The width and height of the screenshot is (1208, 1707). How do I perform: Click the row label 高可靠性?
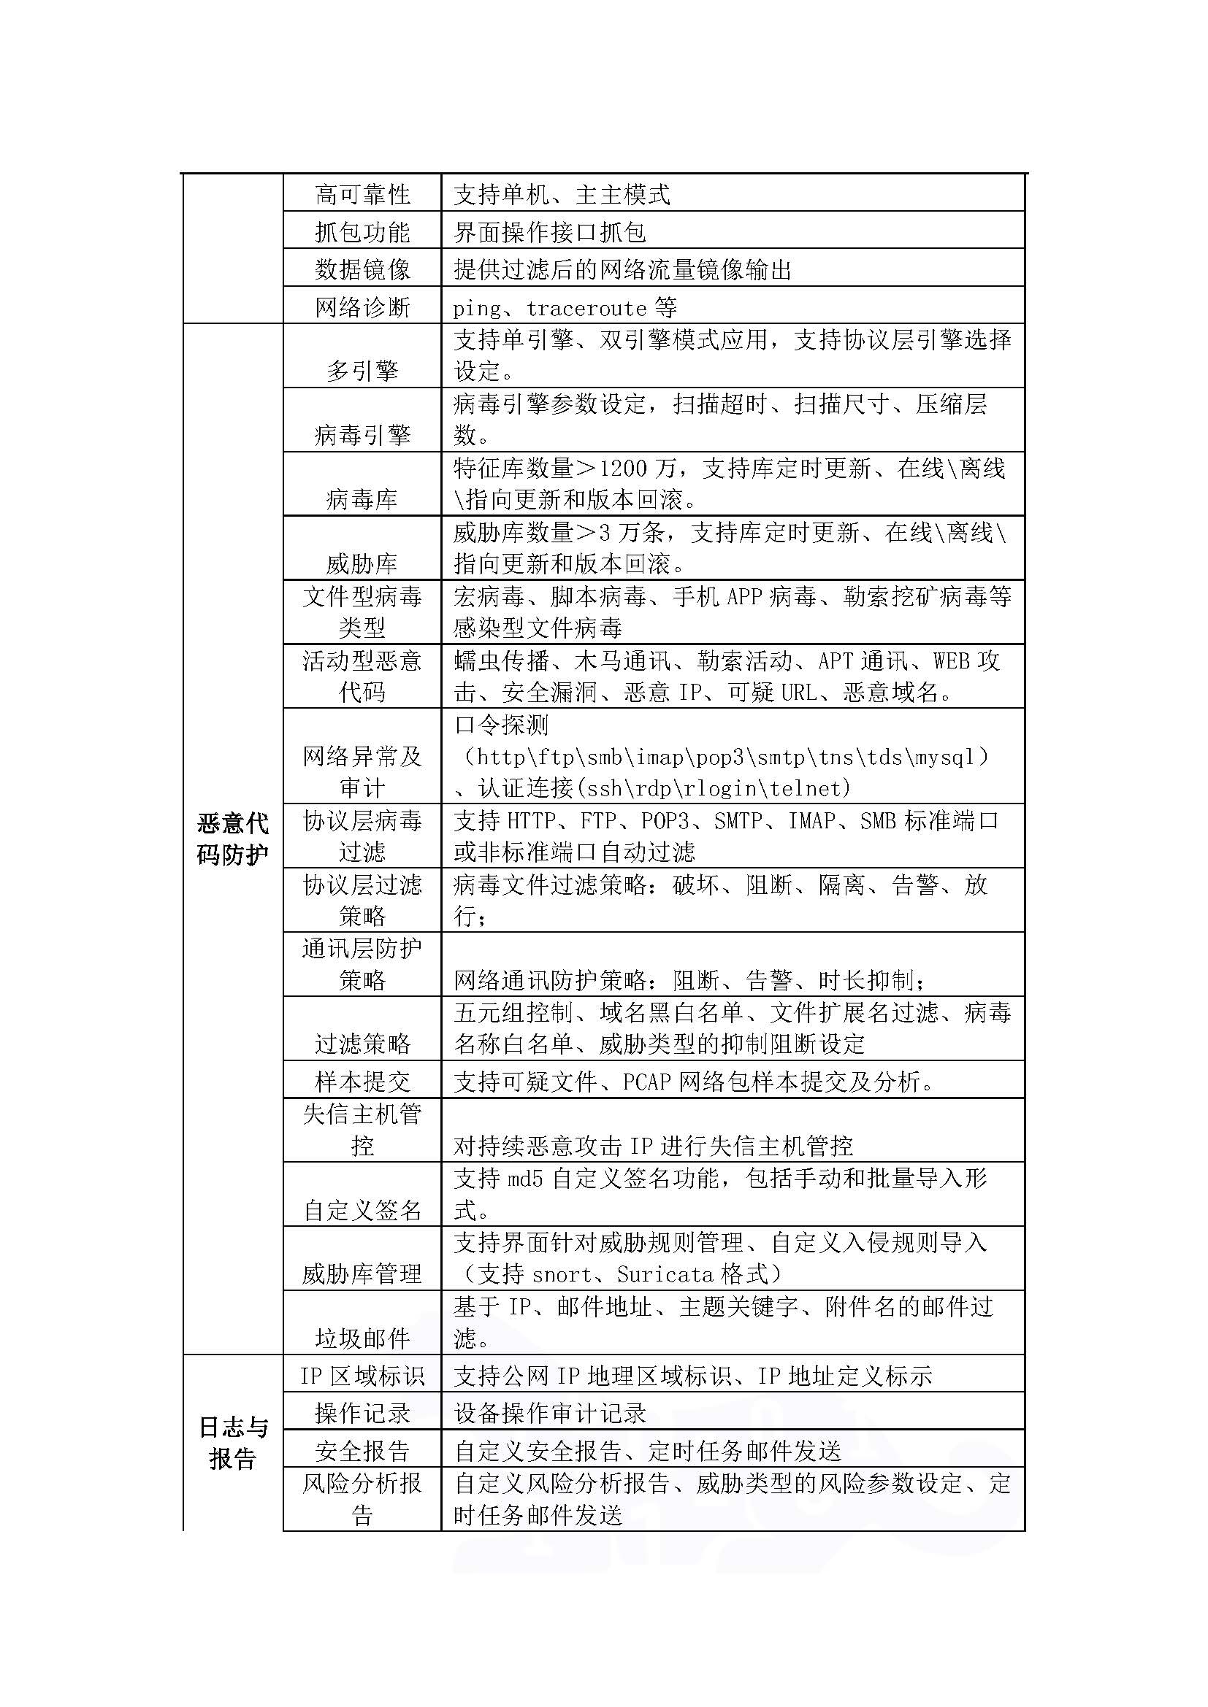coord(362,195)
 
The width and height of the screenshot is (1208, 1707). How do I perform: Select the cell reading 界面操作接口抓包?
coord(550,233)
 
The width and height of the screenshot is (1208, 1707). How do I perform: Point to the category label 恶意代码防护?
coord(232,839)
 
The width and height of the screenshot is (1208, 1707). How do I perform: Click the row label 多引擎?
coord(362,370)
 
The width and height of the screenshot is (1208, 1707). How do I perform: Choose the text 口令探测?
coord(501,725)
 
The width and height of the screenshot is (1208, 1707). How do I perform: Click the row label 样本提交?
coord(362,1081)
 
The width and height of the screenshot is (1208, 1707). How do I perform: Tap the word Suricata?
coord(665,1275)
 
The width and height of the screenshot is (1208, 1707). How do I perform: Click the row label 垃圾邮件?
coord(362,1339)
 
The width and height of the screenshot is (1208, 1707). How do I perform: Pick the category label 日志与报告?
coord(232,1442)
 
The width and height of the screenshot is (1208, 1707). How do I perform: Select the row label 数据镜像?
coord(362,269)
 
